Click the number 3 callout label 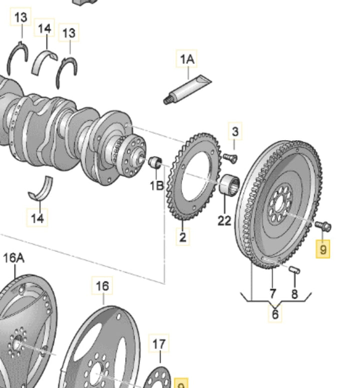point(235,132)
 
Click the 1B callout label point(157,185)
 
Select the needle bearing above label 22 point(230,183)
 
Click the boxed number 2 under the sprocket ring point(183,237)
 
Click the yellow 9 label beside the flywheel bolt point(323,249)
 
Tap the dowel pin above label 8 point(294,270)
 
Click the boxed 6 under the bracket point(275,314)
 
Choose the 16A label point(13,258)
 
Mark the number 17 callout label point(159,344)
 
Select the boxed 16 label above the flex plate point(102,286)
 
